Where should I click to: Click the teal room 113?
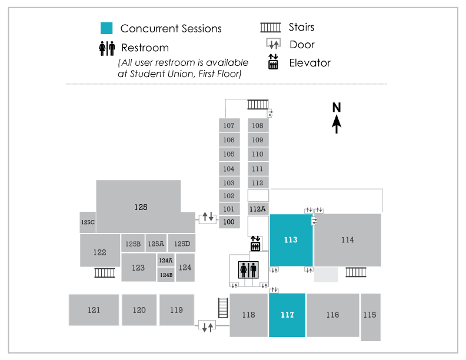click(x=291, y=240)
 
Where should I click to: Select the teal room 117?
click(x=287, y=315)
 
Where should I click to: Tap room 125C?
click(x=88, y=222)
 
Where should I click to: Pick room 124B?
click(x=166, y=275)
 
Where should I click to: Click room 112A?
click(x=258, y=209)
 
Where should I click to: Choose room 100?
click(x=229, y=222)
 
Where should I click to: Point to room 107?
click(x=229, y=125)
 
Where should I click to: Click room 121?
click(x=94, y=310)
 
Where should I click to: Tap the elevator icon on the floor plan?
click(x=256, y=243)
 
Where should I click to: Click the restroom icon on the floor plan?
click(x=248, y=270)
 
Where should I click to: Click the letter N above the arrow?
click(x=337, y=107)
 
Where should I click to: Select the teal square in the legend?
click(x=106, y=28)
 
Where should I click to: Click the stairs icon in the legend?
click(x=271, y=27)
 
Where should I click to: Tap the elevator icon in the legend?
click(x=272, y=62)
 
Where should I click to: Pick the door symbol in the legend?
click(x=272, y=45)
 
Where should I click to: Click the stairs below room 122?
click(x=105, y=272)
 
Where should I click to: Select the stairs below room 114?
click(x=356, y=272)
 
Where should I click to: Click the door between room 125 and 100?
click(x=208, y=217)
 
